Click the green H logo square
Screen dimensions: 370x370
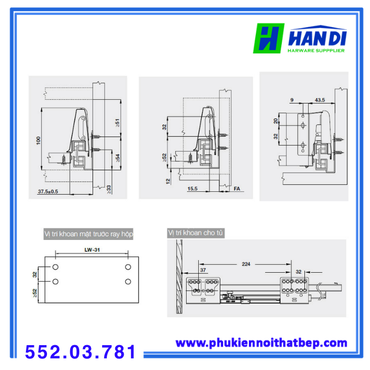269,38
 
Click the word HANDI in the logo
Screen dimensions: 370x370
317,38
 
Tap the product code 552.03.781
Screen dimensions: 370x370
80,352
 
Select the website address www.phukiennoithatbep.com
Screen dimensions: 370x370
262,343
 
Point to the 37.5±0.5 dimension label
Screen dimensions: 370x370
48,191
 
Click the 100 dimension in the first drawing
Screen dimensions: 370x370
39,141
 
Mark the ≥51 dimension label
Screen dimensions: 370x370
117,123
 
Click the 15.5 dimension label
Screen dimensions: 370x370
192,189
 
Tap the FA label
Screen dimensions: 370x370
237,189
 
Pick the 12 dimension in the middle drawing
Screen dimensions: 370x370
168,181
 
